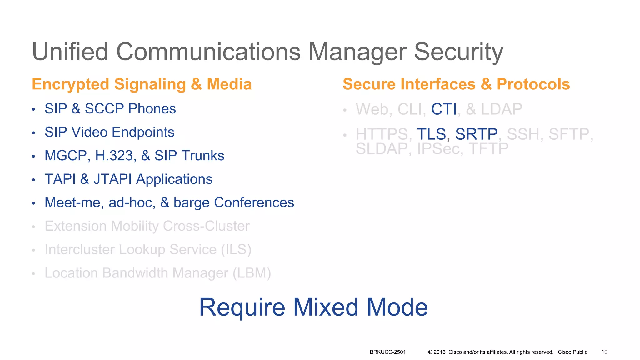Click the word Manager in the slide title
357,52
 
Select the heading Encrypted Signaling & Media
142,84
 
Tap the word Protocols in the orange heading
533,84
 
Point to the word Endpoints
143,132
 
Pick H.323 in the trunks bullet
114,156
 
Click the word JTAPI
112,179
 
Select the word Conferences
254,202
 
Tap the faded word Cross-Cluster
206,226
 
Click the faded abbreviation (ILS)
236,249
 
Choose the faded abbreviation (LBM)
252,273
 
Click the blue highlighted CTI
444,109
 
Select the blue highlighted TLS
431,134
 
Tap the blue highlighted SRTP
476,134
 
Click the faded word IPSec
440,149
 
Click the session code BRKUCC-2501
387,352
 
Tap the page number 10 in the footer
604,352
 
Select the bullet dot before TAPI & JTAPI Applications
33,180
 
